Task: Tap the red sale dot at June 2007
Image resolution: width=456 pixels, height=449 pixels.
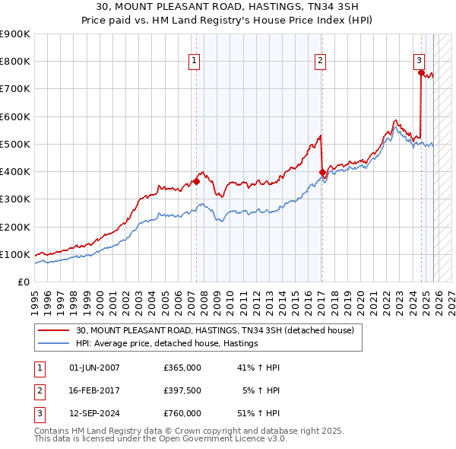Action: point(196,181)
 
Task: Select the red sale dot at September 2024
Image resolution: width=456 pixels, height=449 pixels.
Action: point(421,73)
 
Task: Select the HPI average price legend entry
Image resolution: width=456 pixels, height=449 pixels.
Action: point(167,344)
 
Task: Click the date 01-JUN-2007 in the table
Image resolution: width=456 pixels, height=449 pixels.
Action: point(94,368)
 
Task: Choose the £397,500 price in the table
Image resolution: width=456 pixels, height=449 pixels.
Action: point(182,390)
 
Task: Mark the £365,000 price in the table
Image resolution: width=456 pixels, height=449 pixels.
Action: point(182,368)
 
